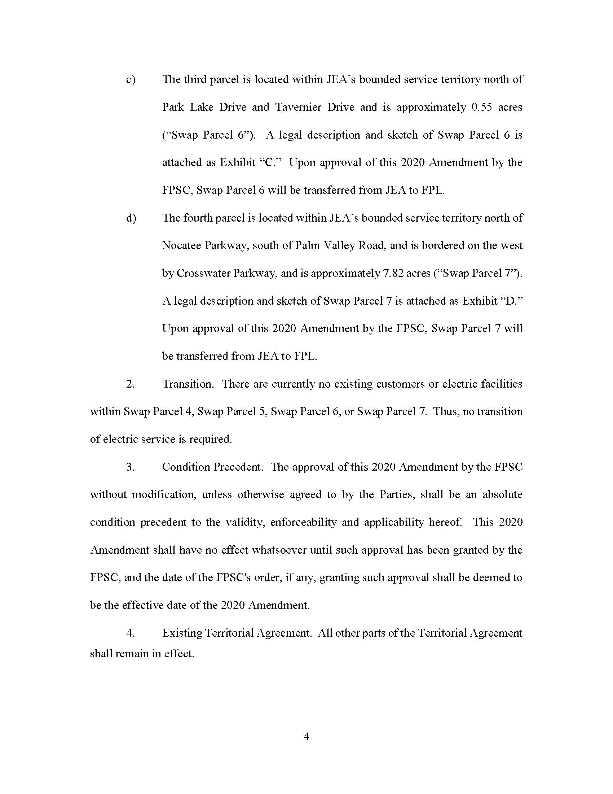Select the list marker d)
point(131,218)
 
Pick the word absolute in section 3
point(502,494)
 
